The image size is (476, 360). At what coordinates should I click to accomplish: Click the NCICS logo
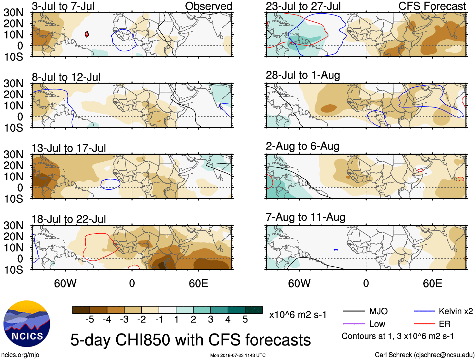click(26, 324)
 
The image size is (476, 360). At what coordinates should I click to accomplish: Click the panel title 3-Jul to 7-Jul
click(63, 6)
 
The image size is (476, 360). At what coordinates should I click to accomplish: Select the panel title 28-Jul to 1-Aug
click(303, 75)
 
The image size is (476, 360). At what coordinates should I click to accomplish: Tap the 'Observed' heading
click(208, 6)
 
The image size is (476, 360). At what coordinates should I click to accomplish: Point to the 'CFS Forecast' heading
click(432, 6)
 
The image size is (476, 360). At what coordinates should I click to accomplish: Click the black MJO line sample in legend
click(354, 311)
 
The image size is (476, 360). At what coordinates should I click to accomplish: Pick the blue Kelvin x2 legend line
click(424, 311)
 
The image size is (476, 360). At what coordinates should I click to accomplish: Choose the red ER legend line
click(424, 324)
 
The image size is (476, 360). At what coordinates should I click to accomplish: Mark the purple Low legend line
click(354, 324)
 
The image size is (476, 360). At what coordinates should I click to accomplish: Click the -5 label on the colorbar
click(90, 320)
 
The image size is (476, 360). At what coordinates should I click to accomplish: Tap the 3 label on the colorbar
click(211, 320)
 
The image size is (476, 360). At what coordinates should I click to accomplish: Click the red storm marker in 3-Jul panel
click(87, 34)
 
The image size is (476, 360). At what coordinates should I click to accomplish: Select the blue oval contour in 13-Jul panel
click(110, 184)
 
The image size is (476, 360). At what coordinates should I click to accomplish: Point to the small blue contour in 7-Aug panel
click(336, 250)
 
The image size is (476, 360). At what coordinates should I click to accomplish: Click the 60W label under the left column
click(65, 283)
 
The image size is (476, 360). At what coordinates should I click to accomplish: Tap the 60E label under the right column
click(432, 283)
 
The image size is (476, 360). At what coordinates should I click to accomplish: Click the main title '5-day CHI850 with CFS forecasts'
click(190, 340)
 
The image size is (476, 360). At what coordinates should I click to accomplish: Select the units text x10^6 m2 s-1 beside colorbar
click(298, 315)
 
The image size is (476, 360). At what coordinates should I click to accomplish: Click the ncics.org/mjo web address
click(20, 355)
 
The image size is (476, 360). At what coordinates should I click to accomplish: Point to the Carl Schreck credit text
click(424, 355)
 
